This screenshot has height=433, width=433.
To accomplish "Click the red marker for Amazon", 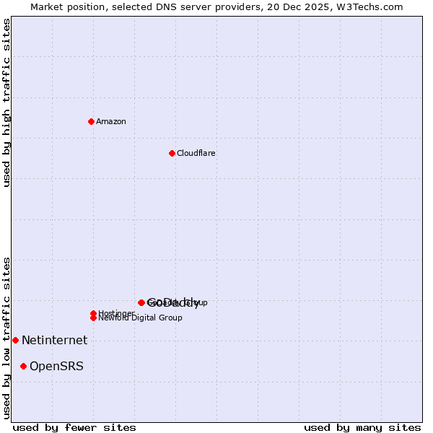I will click(x=91, y=121).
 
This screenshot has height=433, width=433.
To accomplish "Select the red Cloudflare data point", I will click(x=172, y=153).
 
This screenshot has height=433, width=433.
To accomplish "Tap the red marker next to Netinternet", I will click(x=15, y=340).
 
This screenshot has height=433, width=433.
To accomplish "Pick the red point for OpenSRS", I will click(x=23, y=366).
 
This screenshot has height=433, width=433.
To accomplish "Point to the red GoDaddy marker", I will click(x=141, y=302).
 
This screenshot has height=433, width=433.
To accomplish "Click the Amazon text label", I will click(x=111, y=121).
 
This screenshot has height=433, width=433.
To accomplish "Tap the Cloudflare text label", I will click(x=196, y=153).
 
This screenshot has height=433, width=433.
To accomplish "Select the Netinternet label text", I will click(x=54, y=340).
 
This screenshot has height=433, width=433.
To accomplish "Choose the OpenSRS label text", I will click(x=56, y=366).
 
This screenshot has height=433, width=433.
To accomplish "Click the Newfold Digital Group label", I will click(x=140, y=318).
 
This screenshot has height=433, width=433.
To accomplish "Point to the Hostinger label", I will click(x=116, y=313).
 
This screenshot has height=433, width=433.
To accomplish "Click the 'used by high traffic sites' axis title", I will click(x=7, y=102).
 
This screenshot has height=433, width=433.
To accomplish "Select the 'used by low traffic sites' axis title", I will click(x=7, y=337).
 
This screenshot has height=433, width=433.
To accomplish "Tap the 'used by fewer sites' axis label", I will click(x=74, y=427).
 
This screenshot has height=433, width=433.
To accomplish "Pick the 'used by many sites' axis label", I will click(x=362, y=427).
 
